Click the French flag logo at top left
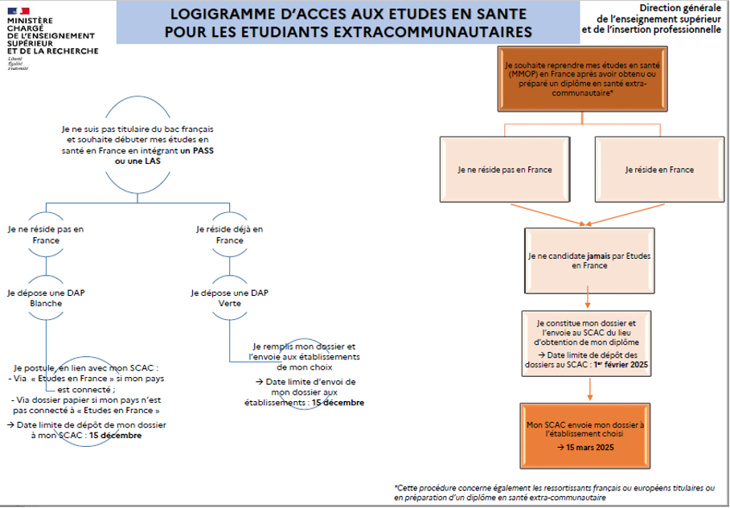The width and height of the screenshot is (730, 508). pos(19,10)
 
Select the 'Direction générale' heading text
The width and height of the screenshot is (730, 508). pos(682,6)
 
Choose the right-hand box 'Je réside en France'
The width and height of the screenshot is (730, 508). pos(658,170)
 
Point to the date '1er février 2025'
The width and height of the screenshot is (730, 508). pos(620,364)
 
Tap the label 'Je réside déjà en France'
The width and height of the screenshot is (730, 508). pos(230,235)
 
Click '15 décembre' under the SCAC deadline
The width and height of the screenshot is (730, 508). pos(116,435)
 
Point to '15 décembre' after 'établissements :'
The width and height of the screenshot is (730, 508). pos(338,402)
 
